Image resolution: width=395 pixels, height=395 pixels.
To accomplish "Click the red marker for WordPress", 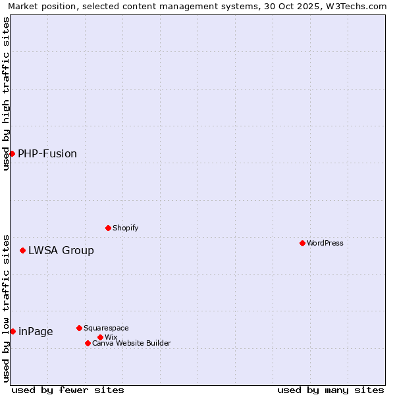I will point(302,244).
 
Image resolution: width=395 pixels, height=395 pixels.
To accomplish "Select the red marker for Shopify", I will point(108,228).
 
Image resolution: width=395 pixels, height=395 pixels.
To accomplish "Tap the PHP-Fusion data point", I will point(12,153).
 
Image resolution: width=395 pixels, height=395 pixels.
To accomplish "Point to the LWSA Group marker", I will point(22,251).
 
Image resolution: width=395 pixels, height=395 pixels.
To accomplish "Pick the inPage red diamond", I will point(13,332).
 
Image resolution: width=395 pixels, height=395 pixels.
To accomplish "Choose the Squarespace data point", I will point(79,329).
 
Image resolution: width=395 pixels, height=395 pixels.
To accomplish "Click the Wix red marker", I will point(100,338).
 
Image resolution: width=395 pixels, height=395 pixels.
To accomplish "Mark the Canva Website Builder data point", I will point(88,344).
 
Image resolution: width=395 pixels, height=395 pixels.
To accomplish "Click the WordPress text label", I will point(325,244).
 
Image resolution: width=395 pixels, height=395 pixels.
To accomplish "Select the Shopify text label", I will point(126,228).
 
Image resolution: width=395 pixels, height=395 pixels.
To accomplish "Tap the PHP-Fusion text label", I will point(47,154).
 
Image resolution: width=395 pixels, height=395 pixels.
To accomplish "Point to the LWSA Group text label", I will point(61,251).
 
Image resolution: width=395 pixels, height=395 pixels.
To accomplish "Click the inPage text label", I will point(36,332).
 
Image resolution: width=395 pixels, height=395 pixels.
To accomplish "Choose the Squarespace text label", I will point(106,329).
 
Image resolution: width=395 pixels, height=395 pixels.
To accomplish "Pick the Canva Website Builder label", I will point(132,344).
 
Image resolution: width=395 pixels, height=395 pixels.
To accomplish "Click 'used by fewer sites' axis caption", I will point(68,390).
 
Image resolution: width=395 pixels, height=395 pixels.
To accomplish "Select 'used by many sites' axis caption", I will point(330,390).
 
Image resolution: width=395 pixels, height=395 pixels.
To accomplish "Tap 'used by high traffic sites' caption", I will point(6,93).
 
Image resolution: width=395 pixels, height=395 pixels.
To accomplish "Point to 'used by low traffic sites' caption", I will point(6,308).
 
